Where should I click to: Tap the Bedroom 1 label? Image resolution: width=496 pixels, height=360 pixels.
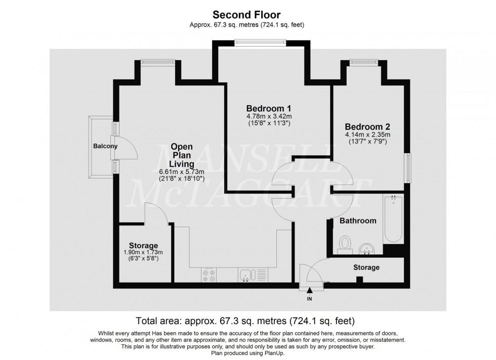268,108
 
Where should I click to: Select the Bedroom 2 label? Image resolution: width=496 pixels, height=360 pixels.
367,126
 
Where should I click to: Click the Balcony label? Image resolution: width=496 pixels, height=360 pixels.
105,147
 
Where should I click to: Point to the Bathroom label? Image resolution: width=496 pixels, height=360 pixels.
358,221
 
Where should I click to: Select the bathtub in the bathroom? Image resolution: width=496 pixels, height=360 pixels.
393,220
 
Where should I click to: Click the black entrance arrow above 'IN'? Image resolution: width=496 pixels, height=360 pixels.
310,289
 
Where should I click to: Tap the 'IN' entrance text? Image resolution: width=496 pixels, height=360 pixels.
310,299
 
